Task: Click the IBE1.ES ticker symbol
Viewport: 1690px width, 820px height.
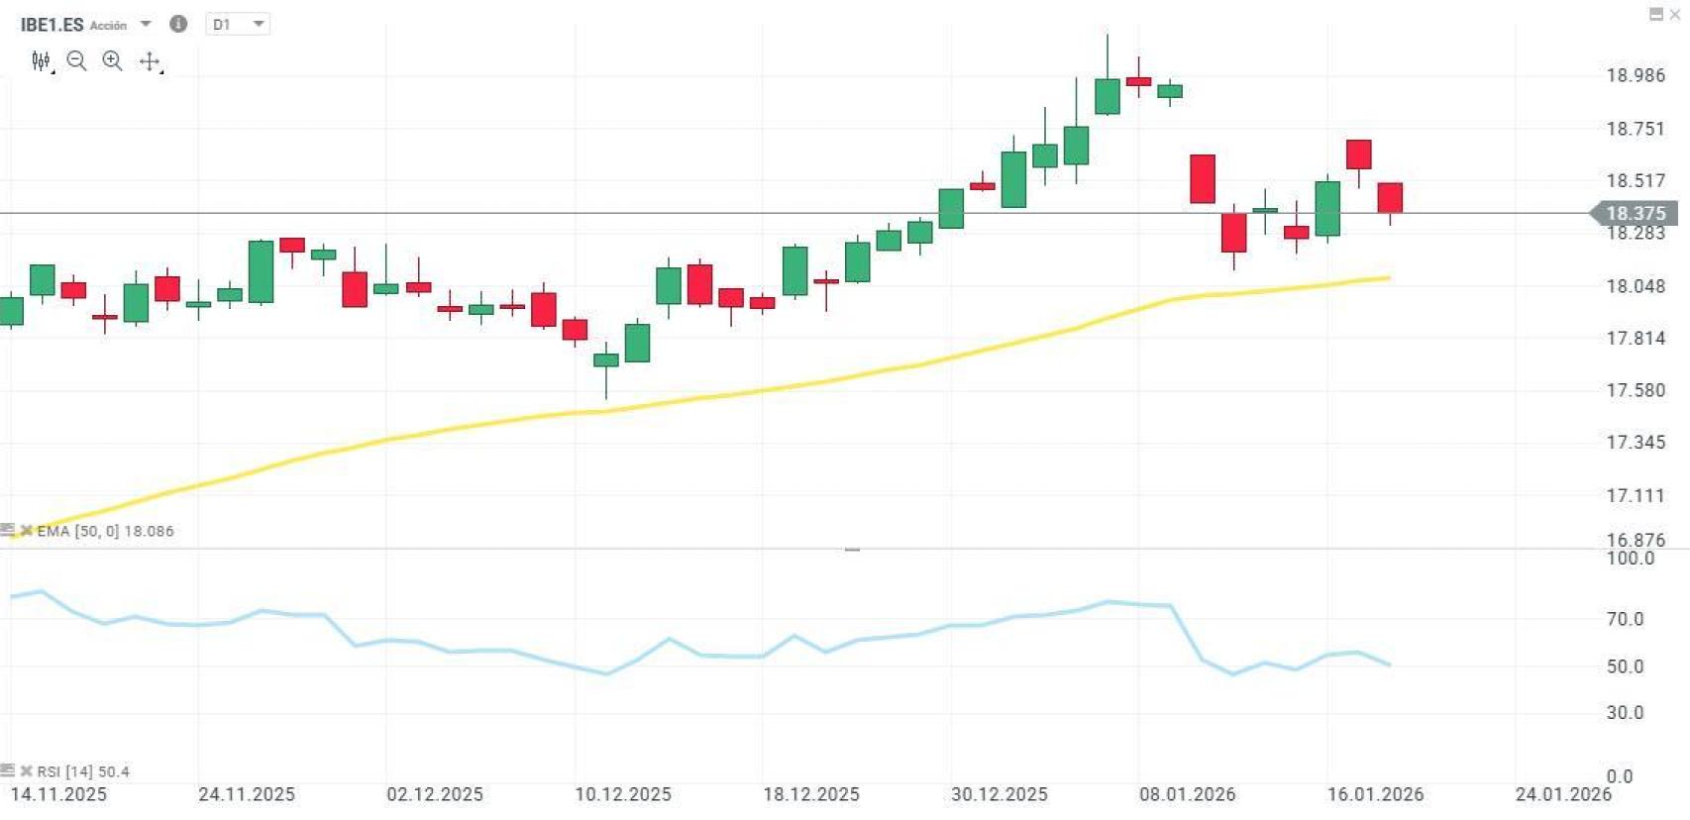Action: coord(52,25)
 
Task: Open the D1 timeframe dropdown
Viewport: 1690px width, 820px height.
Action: coord(238,24)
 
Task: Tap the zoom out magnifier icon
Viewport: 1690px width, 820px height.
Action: coord(76,61)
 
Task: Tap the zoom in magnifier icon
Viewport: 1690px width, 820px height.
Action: coord(113,61)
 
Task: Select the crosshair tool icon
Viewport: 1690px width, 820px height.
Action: coord(150,61)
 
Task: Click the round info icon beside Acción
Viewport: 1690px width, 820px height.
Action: coord(178,24)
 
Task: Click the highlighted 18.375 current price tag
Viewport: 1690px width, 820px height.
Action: coord(1635,213)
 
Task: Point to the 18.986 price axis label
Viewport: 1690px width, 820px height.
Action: coord(1636,75)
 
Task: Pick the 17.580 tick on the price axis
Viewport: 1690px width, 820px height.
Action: coord(1636,390)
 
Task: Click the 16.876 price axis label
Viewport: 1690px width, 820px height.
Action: coord(1636,540)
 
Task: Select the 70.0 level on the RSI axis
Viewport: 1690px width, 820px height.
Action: coord(1625,619)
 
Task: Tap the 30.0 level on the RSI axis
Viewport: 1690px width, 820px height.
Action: coord(1625,712)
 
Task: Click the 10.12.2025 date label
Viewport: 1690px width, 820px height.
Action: coord(623,794)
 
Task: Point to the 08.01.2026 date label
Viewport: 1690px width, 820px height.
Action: coord(1188,794)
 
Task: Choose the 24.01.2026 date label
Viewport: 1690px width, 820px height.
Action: coord(1563,794)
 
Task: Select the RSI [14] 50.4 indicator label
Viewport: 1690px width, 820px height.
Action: coord(83,771)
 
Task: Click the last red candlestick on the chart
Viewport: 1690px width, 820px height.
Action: coord(1390,197)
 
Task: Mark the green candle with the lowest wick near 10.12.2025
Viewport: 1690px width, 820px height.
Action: coord(606,360)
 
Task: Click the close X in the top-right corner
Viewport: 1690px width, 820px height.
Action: coord(1675,14)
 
